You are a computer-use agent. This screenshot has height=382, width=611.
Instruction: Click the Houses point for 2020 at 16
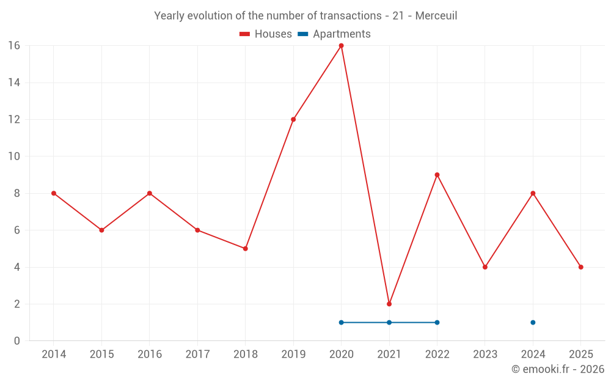point(341,45)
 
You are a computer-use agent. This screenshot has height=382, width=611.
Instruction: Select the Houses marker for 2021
point(389,304)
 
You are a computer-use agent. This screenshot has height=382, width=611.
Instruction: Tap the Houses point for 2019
point(293,119)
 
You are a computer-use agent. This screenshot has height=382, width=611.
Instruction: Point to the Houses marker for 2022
point(437,175)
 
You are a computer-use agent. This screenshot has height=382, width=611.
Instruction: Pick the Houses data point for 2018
point(245,249)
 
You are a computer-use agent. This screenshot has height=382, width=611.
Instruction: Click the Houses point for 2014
point(54,193)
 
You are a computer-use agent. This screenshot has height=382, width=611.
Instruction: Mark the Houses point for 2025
point(580,267)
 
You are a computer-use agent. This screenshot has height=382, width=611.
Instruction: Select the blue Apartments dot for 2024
point(533,322)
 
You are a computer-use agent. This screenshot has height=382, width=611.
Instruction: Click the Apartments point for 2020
point(341,322)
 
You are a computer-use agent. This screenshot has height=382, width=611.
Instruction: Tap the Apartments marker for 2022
point(437,322)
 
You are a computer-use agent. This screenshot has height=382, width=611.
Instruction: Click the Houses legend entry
point(266,34)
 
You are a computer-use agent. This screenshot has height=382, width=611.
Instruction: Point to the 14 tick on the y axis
point(14,83)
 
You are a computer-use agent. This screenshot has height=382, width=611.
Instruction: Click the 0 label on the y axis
point(17,341)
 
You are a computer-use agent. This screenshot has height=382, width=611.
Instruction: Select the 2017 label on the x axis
point(197,354)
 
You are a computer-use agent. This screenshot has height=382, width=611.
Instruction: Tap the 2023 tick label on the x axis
point(485,354)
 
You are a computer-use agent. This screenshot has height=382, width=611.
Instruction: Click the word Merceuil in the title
point(436,16)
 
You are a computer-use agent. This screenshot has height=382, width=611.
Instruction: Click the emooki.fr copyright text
point(557,369)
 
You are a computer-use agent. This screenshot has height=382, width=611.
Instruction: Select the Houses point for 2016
point(150,193)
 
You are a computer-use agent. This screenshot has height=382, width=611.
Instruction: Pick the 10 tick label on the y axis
point(14,156)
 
